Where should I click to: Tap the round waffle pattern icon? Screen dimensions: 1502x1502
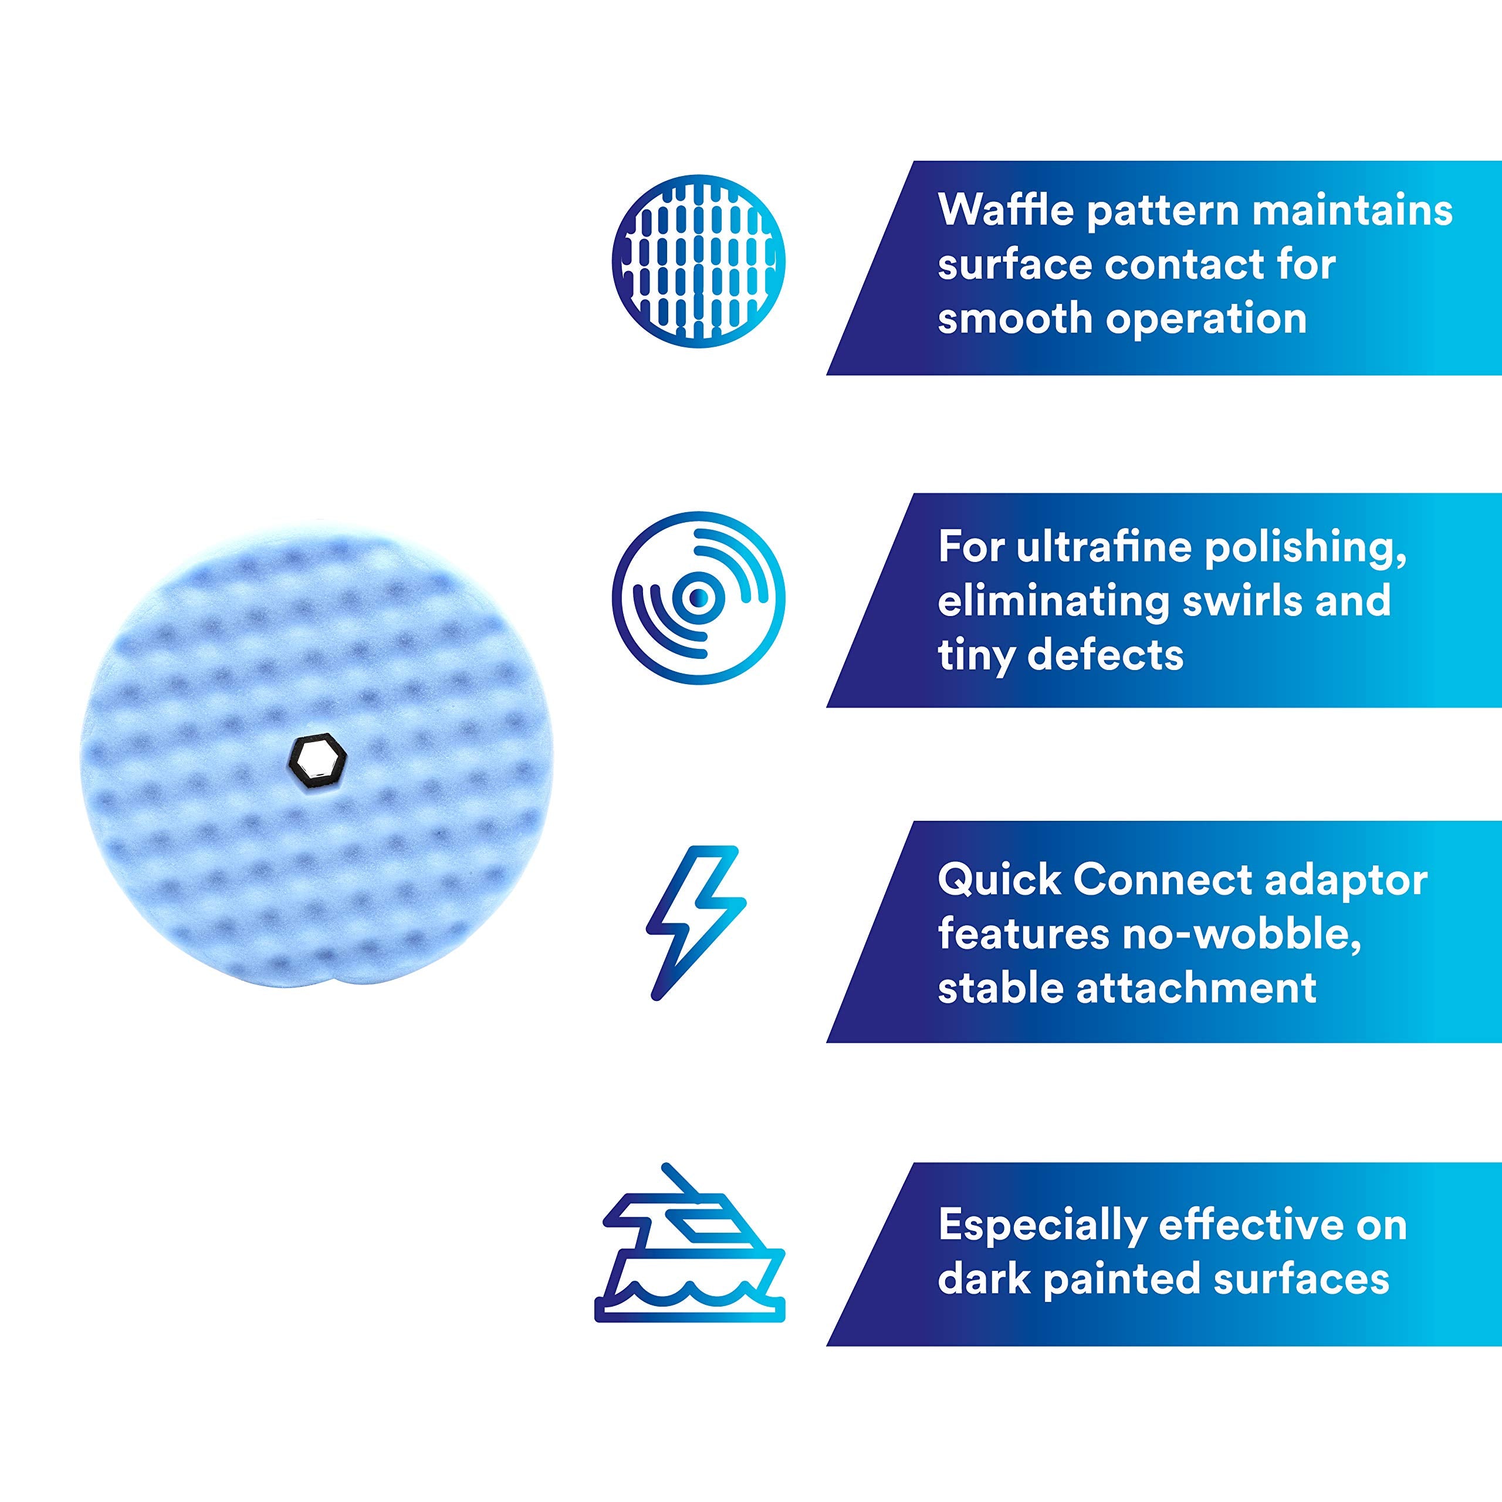[x=698, y=261]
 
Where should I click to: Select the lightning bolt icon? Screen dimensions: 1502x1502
[x=696, y=923]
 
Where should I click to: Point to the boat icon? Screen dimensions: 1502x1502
[x=689, y=1254]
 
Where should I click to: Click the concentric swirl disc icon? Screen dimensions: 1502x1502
[x=698, y=598]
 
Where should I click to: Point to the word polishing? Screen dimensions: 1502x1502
[x=1305, y=548]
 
